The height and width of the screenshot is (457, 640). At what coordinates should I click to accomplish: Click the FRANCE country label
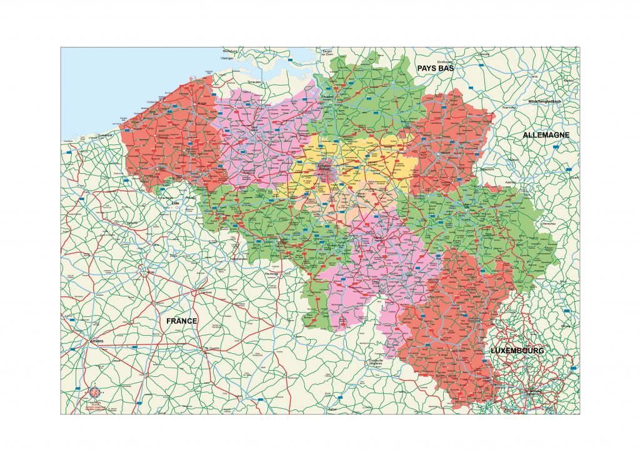182,321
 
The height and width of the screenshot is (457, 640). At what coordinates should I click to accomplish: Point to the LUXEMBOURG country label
517,351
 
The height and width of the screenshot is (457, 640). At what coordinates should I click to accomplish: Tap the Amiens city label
97,341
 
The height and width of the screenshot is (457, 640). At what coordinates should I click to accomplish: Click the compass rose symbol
94,393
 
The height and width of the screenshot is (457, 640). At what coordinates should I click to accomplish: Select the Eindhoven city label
444,63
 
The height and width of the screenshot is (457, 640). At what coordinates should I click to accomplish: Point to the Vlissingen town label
226,58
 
